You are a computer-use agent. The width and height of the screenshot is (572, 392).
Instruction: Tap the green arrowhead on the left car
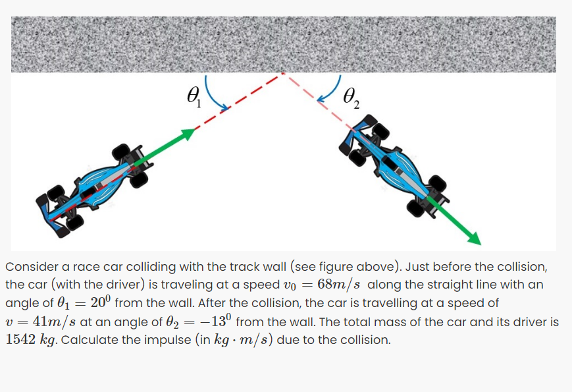pyautogui.click(x=188, y=133)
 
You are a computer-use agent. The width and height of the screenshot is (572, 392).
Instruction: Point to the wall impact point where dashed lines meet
pyautogui.click(x=284, y=73)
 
